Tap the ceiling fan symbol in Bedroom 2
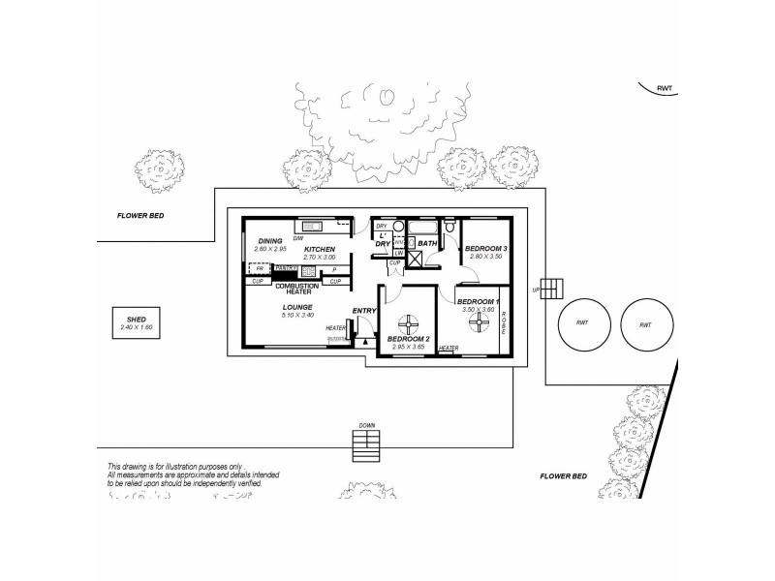412,323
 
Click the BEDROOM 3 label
486,249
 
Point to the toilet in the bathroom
449,228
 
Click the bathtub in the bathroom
423,229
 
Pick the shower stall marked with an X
414,258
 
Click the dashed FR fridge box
260,268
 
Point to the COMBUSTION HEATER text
298,289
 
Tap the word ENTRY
364,311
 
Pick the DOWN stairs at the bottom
367,444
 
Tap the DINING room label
270,241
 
